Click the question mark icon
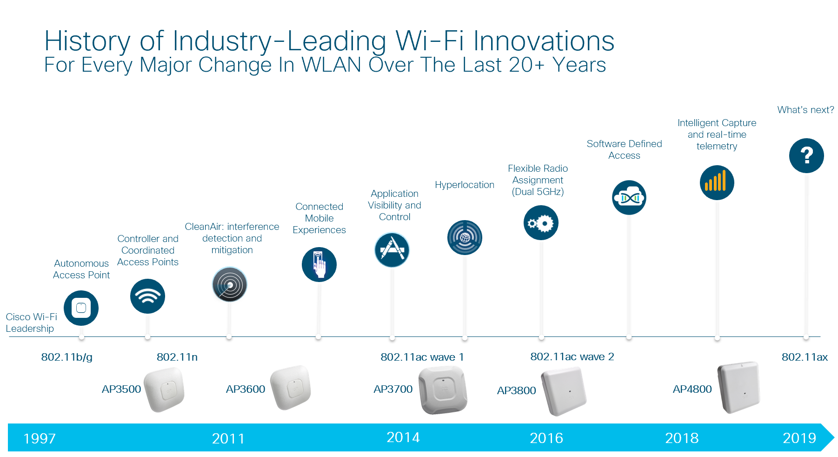click(x=806, y=155)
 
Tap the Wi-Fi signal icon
click(x=147, y=296)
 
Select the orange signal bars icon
click(x=717, y=182)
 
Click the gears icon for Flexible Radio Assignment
click(x=541, y=223)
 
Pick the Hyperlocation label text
click(x=464, y=185)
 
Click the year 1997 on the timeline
click(x=40, y=438)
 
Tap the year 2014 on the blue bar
click(x=403, y=437)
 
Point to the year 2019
click(x=799, y=438)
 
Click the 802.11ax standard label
click(x=804, y=357)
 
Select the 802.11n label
click(x=177, y=357)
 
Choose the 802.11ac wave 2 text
click(x=572, y=356)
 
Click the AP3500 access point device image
click(x=164, y=389)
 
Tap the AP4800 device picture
click(x=738, y=387)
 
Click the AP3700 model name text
click(x=393, y=389)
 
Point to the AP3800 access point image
click(x=564, y=391)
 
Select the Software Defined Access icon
click(x=629, y=198)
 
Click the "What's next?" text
click(x=805, y=110)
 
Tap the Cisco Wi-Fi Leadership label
click(x=31, y=323)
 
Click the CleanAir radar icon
click(x=229, y=284)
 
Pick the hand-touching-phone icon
click(x=319, y=264)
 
